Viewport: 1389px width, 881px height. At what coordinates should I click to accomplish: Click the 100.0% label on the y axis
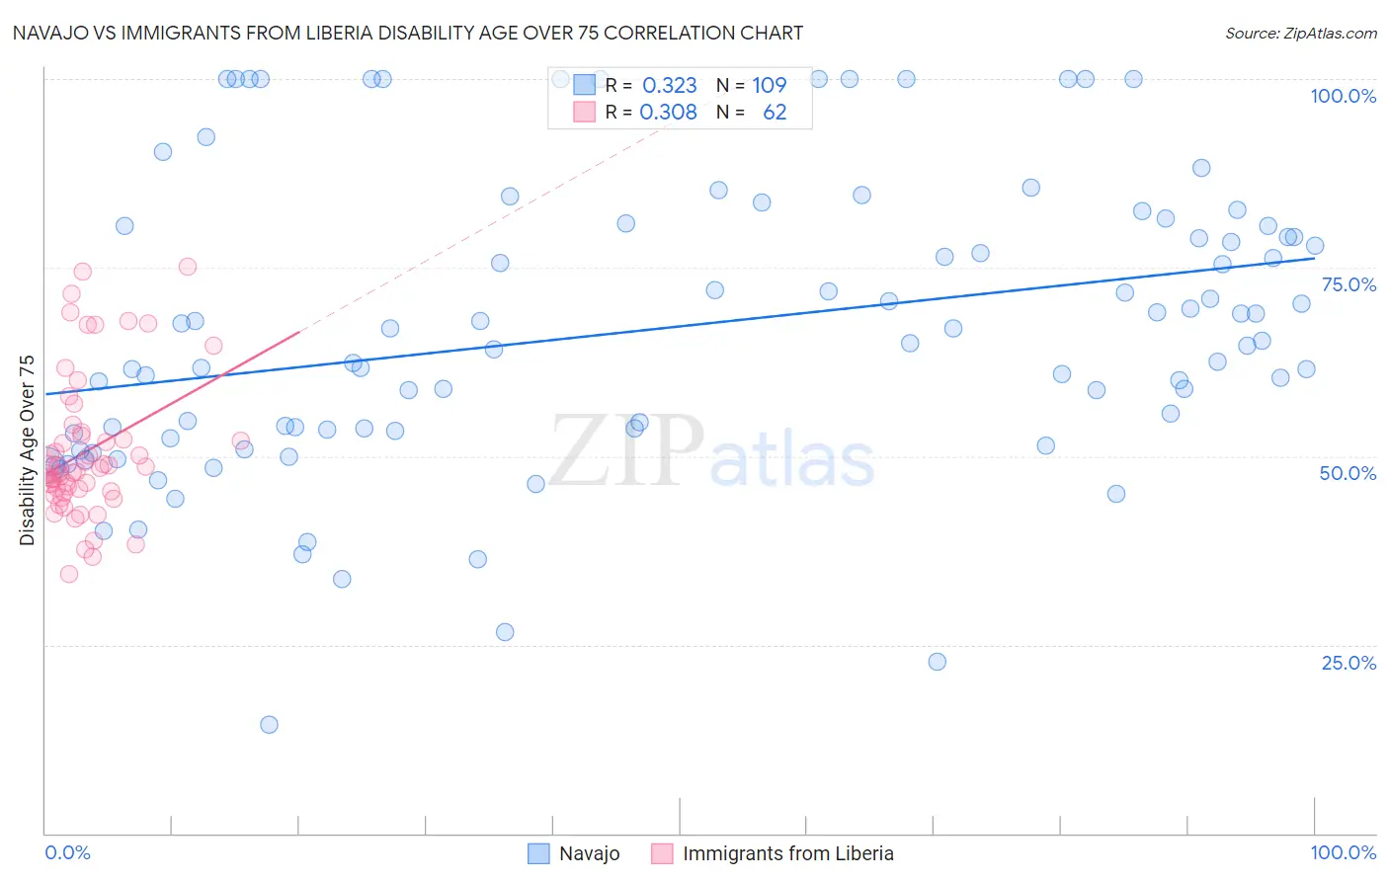[x=1343, y=96]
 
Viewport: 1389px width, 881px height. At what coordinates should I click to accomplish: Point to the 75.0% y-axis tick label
[x=1348, y=284]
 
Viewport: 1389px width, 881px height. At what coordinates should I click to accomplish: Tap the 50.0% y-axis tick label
[x=1348, y=473]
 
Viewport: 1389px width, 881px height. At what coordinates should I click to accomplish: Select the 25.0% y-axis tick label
[x=1348, y=663]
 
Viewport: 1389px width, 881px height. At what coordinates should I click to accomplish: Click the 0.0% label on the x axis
[x=67, y=852]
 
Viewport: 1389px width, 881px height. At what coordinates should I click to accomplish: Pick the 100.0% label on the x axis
[x=1343, y=852]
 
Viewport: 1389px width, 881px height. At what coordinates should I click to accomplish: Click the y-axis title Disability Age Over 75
[x=27, y=450]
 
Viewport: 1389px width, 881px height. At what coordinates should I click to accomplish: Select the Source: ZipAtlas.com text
[x=1300, y=33]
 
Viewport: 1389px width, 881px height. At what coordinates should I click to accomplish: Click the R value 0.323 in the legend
[x=669, y=86]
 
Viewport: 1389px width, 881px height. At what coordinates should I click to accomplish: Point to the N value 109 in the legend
[x=769, y=86]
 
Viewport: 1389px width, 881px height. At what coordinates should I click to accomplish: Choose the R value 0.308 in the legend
[x=668, y=113]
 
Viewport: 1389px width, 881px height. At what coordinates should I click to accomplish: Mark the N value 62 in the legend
[x=775, y=113]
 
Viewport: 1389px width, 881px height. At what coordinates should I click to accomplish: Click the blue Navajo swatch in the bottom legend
[x=538, y=853]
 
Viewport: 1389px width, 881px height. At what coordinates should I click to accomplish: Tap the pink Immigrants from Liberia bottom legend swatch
[x=662, y=853]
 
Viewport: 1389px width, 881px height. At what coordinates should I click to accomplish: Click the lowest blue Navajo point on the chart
[x=269, y=725]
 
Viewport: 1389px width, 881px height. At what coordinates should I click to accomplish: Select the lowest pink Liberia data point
[x=69, y=574]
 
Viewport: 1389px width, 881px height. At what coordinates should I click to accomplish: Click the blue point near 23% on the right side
[x=938, y=662]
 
